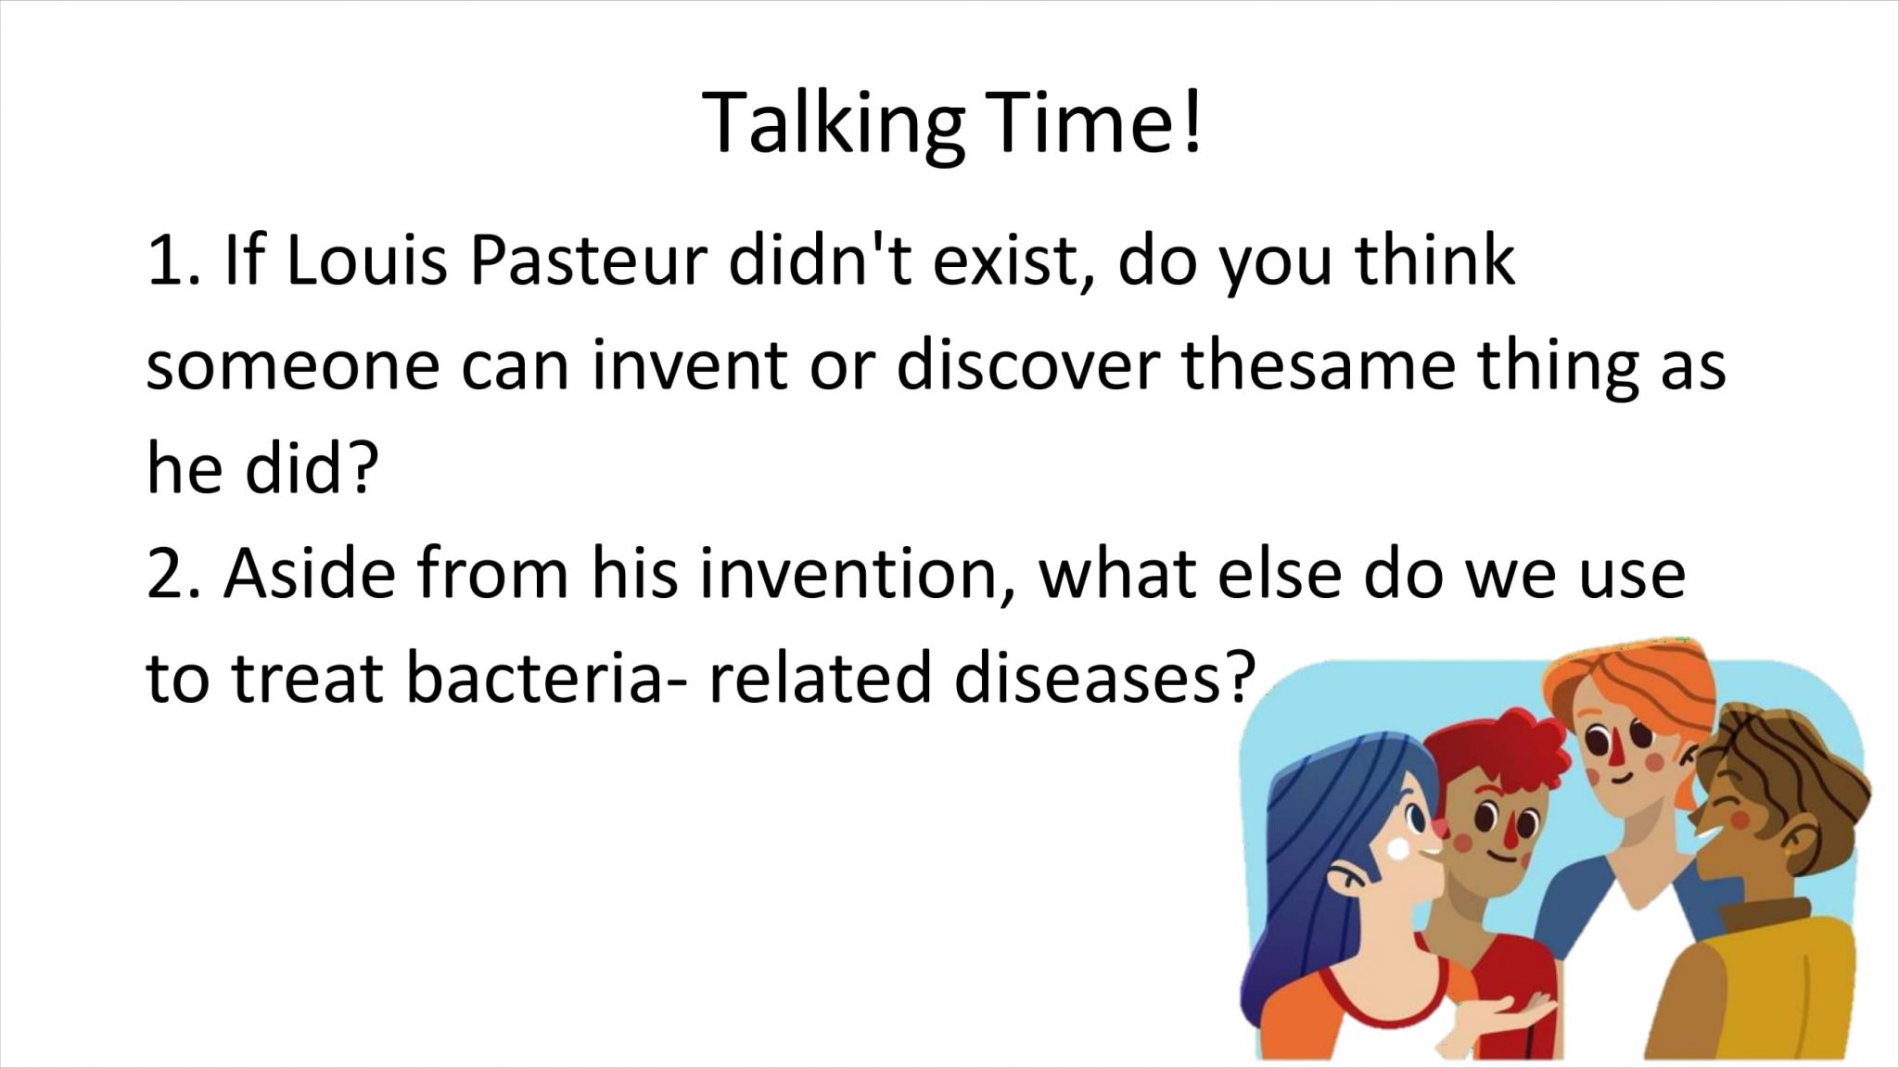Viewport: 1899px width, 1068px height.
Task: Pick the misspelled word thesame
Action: [1318, 364]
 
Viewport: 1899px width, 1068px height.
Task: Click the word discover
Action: [1027, 364]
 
